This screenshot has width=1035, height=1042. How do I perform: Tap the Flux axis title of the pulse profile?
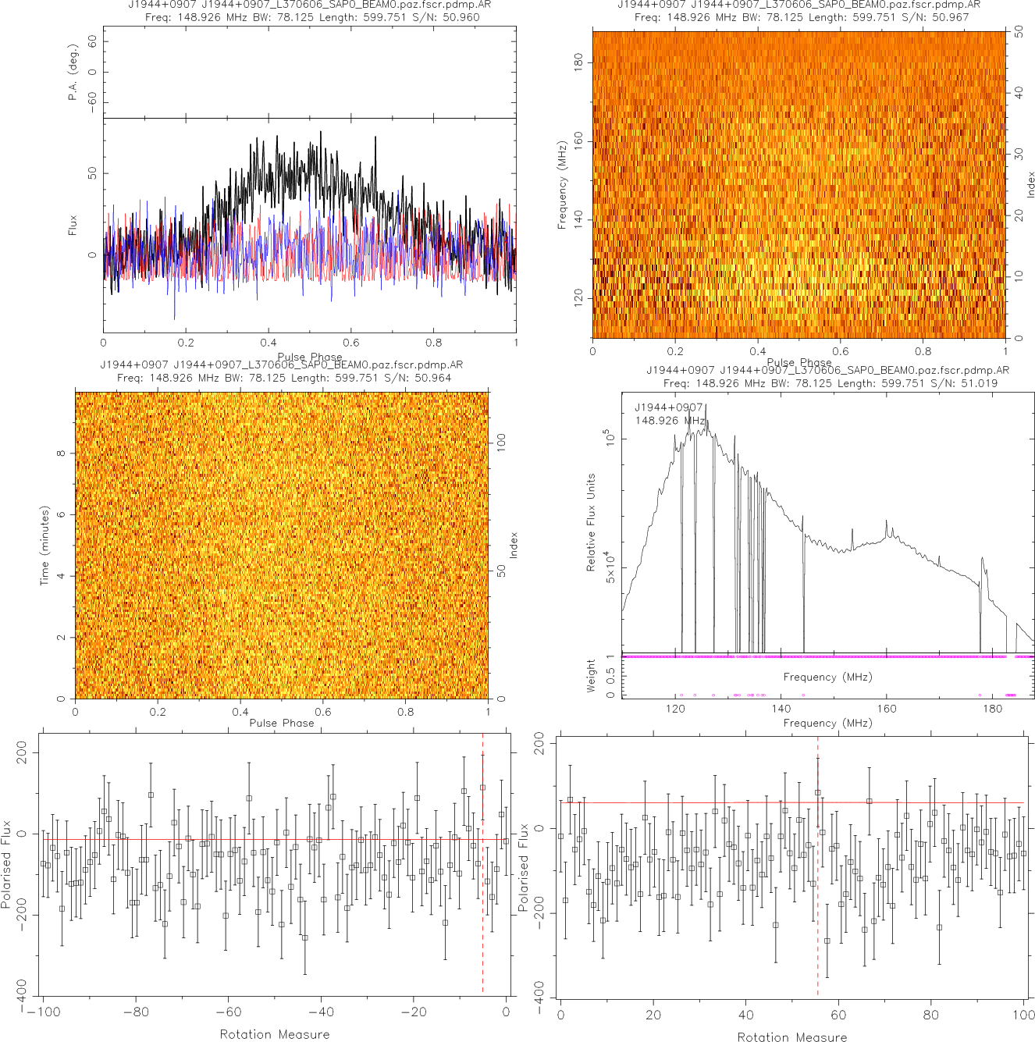73,226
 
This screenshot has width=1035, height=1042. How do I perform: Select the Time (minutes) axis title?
44,546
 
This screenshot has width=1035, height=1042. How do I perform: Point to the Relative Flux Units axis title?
591,522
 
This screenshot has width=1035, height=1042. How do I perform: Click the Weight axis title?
591,676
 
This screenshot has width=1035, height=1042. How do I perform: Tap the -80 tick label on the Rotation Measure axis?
135,1012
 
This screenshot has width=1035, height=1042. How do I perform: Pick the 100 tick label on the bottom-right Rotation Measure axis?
1023,1015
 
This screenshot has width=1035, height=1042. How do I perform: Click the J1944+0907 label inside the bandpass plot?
669,407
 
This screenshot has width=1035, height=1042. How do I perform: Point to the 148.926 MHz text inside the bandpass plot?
670,421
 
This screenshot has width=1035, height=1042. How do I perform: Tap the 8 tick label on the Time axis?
61,453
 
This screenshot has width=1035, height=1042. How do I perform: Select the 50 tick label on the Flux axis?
92,172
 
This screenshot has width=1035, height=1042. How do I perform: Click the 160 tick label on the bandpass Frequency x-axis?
887,709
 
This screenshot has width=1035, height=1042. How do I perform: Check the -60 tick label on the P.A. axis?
92,101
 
